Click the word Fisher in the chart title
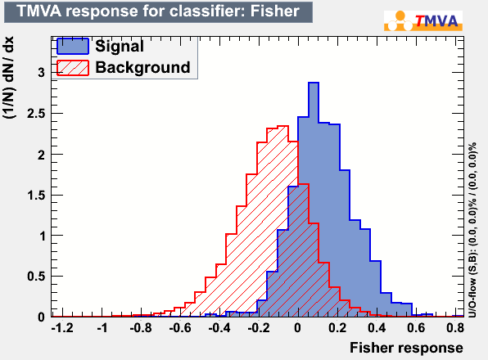click(275, 11)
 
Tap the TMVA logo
click(423, 20)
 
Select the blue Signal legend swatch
click(73, 47)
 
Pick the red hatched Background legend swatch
click(73, 68)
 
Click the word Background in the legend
click(142, 67)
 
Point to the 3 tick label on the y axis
click(42, 73)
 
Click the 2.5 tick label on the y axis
click(36, 114)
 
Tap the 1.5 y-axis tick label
click(37, 196)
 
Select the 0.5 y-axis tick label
click(36, 277)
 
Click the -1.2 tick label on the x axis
click(62, 327)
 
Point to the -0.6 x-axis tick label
click(180, 327)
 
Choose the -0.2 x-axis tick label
click(258, 327)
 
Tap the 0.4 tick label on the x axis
click(377, 327)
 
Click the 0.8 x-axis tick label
click(455, 327)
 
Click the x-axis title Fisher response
click(406, 348)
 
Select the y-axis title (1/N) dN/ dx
click(9, 78)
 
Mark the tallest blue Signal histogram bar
click(314, 200)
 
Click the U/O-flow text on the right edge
click(472, 230)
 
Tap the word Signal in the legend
click(120, 46)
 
